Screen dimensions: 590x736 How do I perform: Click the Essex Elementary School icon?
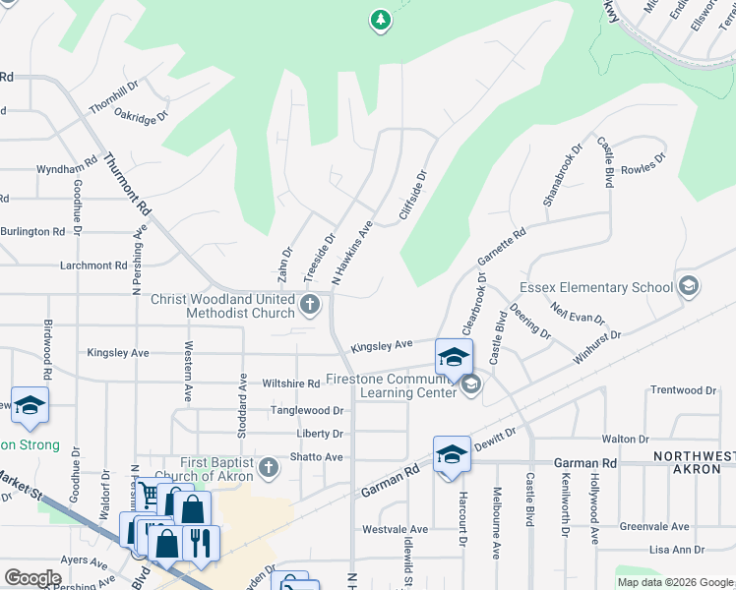689,287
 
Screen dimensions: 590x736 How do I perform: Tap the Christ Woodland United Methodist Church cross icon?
310,304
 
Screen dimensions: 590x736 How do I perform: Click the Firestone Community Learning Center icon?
470,384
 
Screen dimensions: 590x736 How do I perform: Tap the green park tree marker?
381,20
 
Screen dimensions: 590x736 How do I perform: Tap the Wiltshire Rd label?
291,383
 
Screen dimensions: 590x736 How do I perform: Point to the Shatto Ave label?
316,457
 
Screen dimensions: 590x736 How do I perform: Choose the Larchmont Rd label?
93,265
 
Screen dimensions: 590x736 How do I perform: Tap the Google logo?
32,577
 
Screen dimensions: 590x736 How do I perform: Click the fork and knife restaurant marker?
200,542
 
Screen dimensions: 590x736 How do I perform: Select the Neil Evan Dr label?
578,314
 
